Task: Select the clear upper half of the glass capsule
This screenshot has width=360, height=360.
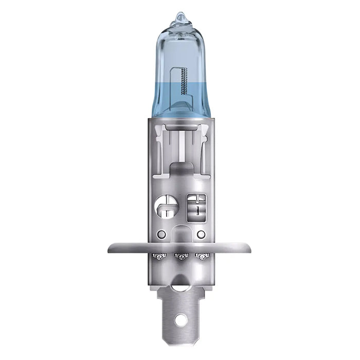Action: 180,51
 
